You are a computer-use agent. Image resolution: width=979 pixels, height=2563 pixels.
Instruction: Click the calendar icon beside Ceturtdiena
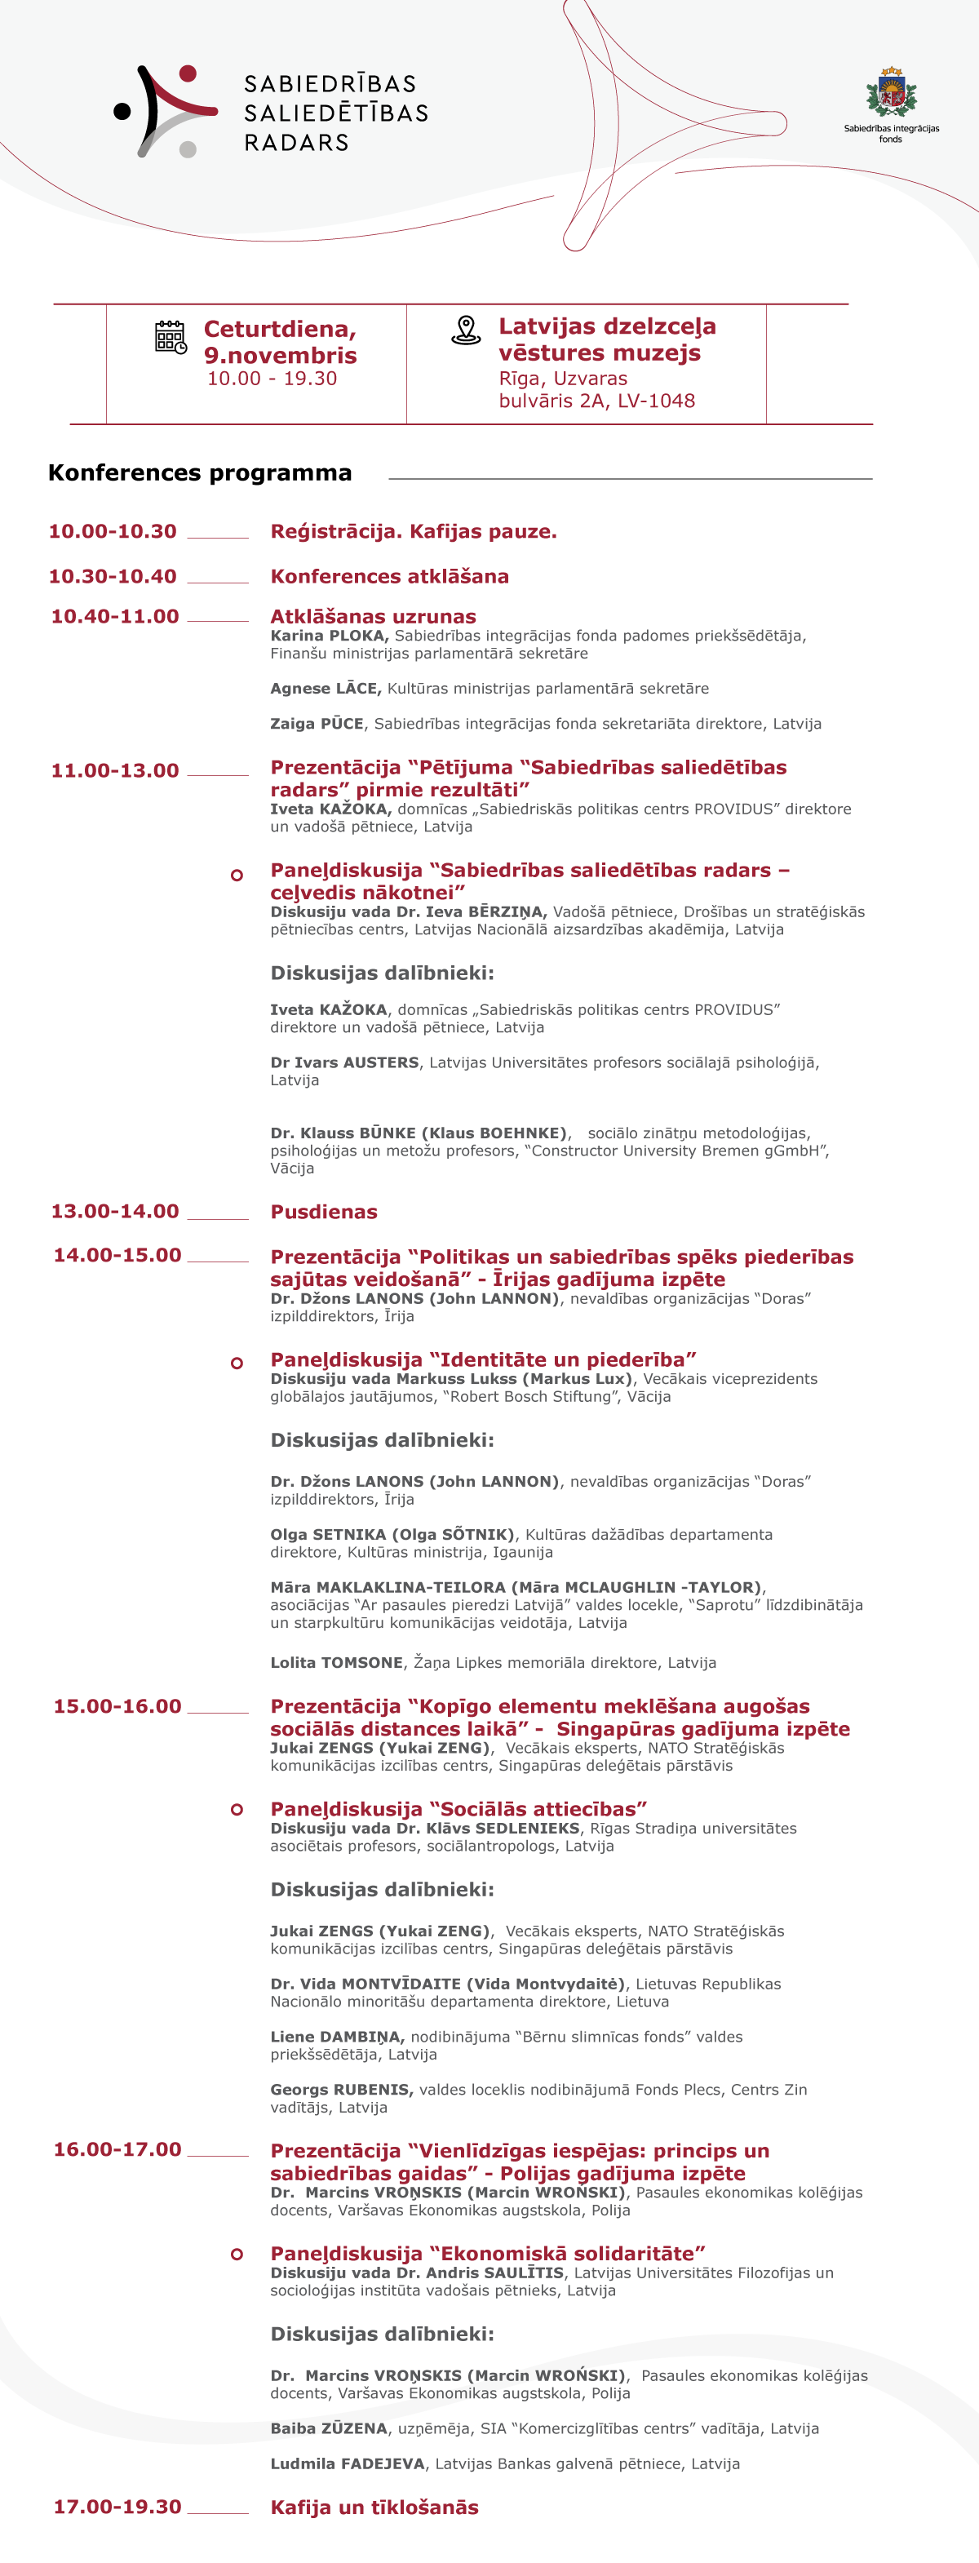pos(171,337)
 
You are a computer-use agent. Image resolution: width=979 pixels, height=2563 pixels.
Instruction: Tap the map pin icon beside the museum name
pos(466,330)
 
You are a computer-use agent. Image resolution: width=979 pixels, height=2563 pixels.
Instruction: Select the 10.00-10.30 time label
pos(113,531)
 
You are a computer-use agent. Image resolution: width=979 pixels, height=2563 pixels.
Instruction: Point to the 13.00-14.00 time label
pos(114,1211)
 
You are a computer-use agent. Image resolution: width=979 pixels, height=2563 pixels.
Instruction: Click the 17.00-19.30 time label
pos(117,2506)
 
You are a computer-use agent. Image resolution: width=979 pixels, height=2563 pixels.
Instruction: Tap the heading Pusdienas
pos(323,1212)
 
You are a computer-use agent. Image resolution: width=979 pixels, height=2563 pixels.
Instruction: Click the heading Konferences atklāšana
pos(389,576)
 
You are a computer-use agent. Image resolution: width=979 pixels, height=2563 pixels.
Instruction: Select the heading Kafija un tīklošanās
pos(374,2508)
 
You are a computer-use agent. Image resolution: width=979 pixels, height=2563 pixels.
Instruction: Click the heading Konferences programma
pos(200,472)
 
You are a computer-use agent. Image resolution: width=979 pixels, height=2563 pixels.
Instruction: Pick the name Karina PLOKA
pos(328,636)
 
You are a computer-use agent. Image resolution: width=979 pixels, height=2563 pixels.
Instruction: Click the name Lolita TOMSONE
pos(336,1663)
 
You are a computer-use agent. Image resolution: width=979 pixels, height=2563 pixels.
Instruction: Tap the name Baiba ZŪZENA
pos(328,2428)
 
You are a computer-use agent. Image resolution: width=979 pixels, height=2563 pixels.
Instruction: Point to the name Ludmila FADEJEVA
pos(348,2463)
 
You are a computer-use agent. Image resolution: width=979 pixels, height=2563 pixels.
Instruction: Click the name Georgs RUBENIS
pos(340,2090)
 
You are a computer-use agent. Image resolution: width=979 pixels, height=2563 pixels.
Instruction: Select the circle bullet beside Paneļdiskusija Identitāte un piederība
pos(237,1363)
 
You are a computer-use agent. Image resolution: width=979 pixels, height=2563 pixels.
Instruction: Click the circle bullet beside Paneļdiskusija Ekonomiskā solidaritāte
pos(237,2254)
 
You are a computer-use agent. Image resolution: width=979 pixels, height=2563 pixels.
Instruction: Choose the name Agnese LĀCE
pos(326,689)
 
